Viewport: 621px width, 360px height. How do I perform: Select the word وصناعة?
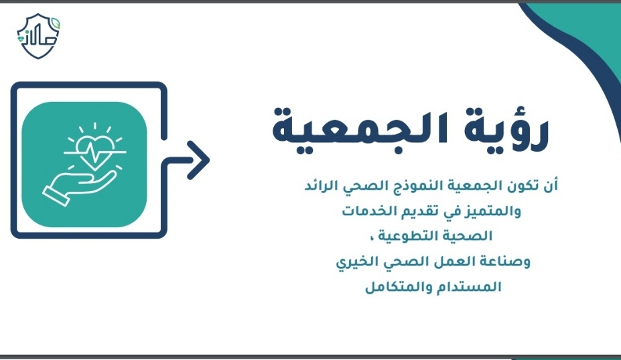point(506,262)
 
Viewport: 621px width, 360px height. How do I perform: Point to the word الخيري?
point(356,262)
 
